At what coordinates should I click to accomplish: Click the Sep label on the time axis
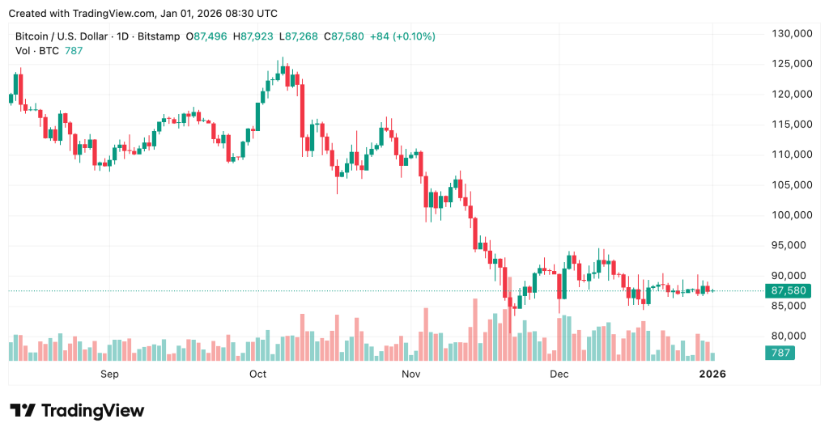pyautogui.click(x=109, y=374)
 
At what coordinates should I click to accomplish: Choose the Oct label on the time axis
pyautogui.click(x=257, y=374)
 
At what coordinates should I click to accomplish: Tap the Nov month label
pyautogui.click(x=410, y=374)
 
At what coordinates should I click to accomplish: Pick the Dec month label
pyautogui.click(x=559, y=374)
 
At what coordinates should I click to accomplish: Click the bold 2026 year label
pyautogui.click(x=712, y=374)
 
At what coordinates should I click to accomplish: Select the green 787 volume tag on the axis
pyautogui.click(x=780, y=353)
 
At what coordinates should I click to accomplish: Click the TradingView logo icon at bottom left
pyautogui.click(x=22, y=411)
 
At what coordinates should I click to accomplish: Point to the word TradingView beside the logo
pyautogui.click(x=92, y=411)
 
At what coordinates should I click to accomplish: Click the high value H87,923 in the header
pyautogui.click(x=255, y=36)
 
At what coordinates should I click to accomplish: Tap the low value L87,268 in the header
pyautogui.click(x=300, y=36)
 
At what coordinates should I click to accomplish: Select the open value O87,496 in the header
pyautogui.click(x=207, y=36)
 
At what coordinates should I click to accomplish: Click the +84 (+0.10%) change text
pyautogui.click(x=401, y=36)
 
